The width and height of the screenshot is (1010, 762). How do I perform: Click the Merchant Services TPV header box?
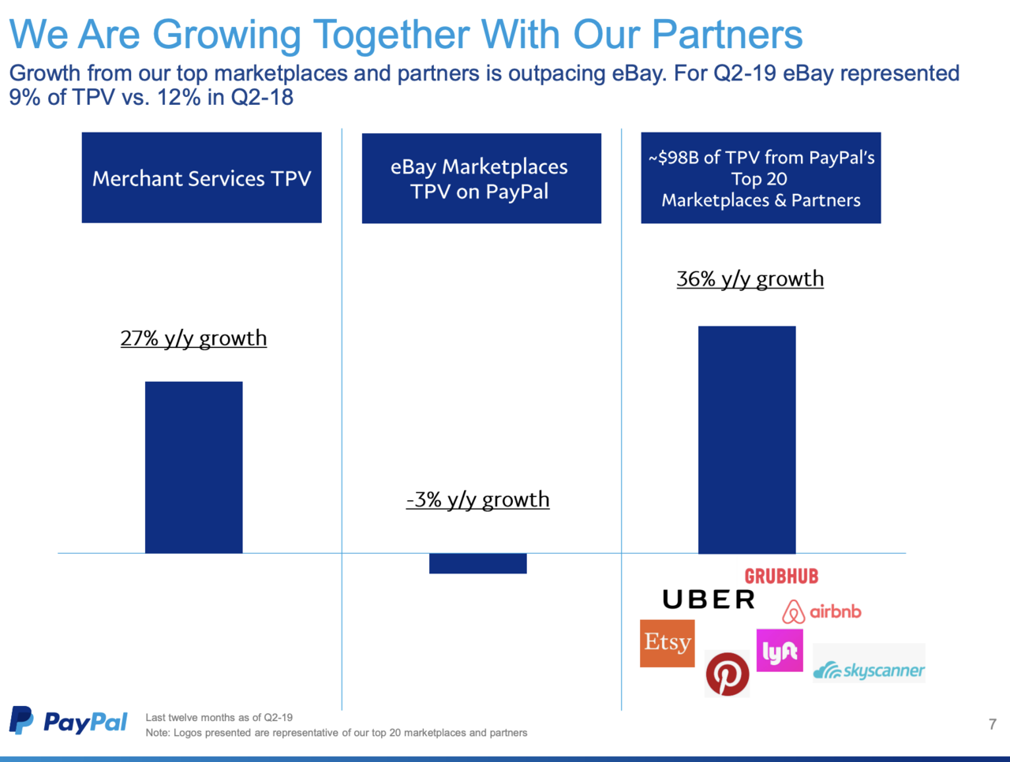coord(201,177)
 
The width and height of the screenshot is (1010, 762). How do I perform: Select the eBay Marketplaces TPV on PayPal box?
coord(481,178)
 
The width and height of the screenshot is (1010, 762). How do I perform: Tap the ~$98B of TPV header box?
coord(761,178)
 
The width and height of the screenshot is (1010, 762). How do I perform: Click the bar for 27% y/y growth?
coord(193,467)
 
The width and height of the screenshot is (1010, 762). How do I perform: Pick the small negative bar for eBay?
coord(477,563)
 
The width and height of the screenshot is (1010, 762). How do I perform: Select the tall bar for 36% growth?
coord(746,439)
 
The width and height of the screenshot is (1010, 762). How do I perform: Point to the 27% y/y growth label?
coord(193,338)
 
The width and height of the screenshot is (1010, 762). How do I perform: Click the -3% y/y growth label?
coord(477,500)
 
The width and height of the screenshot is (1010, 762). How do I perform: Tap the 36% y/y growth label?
coord(750,279)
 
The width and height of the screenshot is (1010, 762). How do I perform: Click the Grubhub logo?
coord(781,577)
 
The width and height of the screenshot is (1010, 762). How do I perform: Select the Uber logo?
coord(709,600)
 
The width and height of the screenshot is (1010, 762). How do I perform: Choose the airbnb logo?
coord(821,611)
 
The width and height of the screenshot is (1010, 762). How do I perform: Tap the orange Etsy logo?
coord(667,643)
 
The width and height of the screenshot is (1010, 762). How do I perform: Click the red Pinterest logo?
coord(727,674)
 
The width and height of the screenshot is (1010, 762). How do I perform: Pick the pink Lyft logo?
coord(780,651)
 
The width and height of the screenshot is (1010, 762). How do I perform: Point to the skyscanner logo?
coord(869,670)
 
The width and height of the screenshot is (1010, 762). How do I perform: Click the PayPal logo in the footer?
coord(69,721)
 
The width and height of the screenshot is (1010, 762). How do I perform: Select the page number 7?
coord(992,724)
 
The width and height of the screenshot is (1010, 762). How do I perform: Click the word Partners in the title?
coord(727,35)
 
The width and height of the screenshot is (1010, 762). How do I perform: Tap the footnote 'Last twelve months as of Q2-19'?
coord(219,718)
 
